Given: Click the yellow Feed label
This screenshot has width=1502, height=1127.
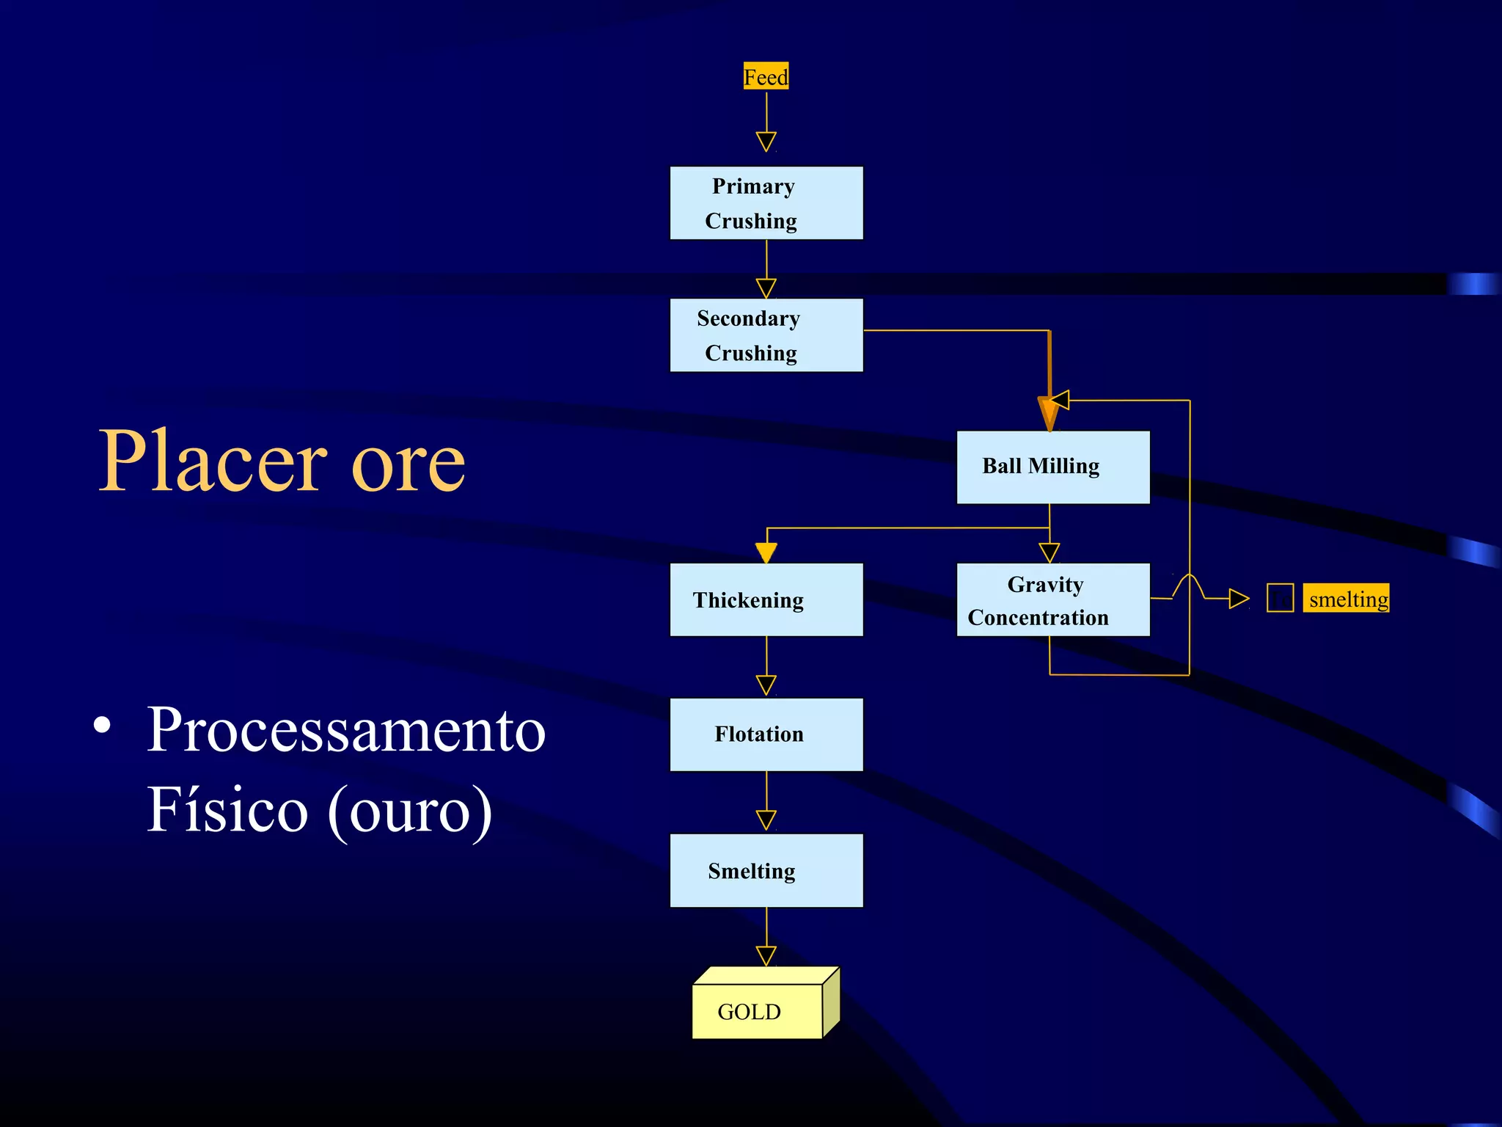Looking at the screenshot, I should point(766,76).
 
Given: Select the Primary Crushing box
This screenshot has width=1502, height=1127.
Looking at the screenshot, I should point(766,203).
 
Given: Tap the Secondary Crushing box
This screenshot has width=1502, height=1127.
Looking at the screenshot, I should point(766,335).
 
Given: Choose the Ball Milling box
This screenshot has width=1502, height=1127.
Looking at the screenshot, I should point(1052,467).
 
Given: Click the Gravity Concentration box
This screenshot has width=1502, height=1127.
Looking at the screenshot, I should point(1052,600).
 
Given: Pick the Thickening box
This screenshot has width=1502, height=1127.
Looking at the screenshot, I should point(766,600).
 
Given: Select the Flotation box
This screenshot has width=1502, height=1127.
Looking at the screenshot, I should point(766,734).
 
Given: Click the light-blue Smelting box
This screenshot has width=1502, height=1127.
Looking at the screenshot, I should point(766,871).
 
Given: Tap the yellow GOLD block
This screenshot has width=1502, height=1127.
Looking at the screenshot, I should point(758,1011).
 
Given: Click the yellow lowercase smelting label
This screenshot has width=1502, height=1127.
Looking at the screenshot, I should point(1346,599).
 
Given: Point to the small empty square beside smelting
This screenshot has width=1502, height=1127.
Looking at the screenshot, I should point(1280,598).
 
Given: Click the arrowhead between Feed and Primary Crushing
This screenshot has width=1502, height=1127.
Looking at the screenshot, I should point(766,141).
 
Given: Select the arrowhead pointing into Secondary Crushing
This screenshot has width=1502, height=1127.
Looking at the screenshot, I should point(766,288).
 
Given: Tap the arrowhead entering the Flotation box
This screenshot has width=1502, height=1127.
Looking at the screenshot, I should point(766,685).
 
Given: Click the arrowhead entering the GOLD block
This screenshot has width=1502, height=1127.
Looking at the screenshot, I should point(766,955).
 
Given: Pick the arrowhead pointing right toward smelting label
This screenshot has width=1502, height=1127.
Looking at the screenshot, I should point(1239,599).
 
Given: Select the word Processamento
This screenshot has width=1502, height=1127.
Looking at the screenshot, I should point(346,730).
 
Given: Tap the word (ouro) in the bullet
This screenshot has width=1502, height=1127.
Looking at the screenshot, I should point(409,811).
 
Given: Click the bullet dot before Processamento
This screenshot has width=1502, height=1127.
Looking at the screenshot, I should point(103,725).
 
